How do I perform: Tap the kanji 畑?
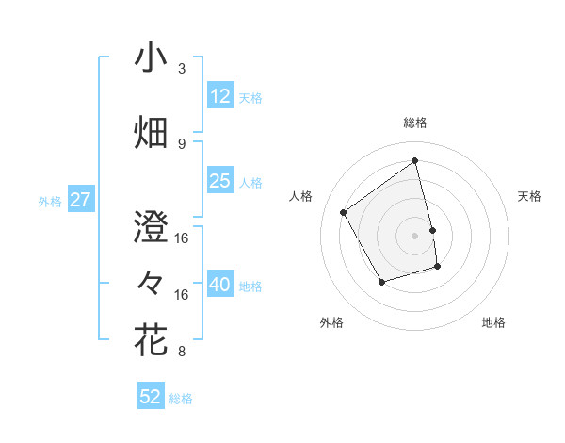[x=151, y=133]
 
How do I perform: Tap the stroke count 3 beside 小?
[x=182, y=69]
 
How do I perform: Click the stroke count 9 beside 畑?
[x=182, y=143]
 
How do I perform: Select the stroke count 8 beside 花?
[x=182, y=352]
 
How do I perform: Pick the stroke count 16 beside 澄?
[x=182, y=238]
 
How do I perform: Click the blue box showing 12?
[x=219, y=95]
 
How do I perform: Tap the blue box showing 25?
[x=219, y=181]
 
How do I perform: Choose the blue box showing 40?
[x=219, y=285]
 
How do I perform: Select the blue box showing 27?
[x=80, y=200]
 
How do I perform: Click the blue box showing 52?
[x=151, y=397]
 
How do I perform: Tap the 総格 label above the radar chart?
[x=415, y=123]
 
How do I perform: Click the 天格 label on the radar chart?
[x=529, y=196]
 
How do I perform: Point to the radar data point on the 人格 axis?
[x=344, y=212]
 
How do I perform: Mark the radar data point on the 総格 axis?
[x=415, y=160]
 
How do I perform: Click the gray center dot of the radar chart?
[x=415, y=235]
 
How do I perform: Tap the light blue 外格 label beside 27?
[x=50, y=201]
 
